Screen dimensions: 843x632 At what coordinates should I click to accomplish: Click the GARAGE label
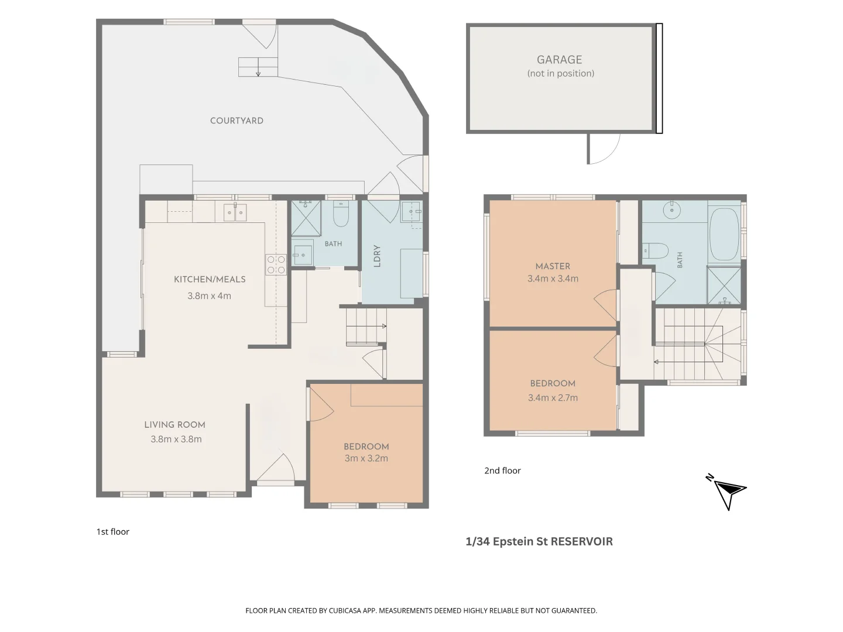click(x=559, y=60)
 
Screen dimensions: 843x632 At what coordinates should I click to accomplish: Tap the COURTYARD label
click(x=237, y=121)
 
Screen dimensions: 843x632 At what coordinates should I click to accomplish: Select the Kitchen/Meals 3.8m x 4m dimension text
click(x=210, y=296)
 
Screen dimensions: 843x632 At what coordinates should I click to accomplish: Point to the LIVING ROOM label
click(x=174, y=424)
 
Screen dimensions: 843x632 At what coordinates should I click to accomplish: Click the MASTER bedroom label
click(x=553, y=266)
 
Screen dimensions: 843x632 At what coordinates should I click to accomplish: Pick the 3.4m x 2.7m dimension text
click(x=553, y=397)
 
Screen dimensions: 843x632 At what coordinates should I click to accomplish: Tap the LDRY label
click(x=377, y=256)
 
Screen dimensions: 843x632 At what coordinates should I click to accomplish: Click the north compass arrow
click(x=728, y=492)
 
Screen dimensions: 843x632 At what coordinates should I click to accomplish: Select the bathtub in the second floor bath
click(x=724, y=235)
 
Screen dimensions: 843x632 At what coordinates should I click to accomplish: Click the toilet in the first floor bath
click(x=340, y=214)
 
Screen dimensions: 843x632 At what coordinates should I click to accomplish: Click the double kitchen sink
click(x=235, y=212)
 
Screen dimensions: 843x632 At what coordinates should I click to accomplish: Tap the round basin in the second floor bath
click(x=671, y=210)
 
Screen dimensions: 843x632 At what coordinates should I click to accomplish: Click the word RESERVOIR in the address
click(x=582, y=541)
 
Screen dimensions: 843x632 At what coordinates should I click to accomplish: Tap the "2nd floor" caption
click(x=502, y=470)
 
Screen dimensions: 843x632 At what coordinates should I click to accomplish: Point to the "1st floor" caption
click(x=113, y=531)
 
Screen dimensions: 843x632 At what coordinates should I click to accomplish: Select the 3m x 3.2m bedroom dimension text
click(x=366, y=458)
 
